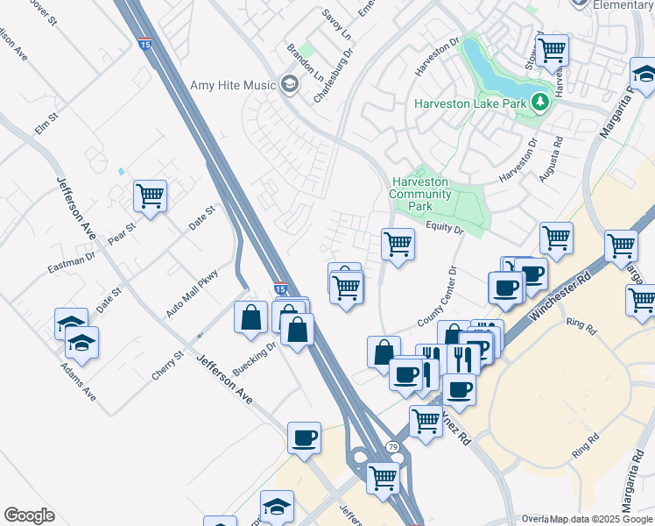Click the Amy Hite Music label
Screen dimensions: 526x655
[232, 85]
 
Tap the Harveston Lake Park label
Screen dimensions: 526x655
[471, 103]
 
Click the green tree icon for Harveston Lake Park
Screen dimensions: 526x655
[540, 103]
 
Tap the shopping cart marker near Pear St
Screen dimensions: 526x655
[150, 195]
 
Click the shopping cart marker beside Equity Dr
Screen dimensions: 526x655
[398, 243]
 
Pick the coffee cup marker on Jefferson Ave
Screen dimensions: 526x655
[304, 437]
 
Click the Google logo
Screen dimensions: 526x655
[29, 515]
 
